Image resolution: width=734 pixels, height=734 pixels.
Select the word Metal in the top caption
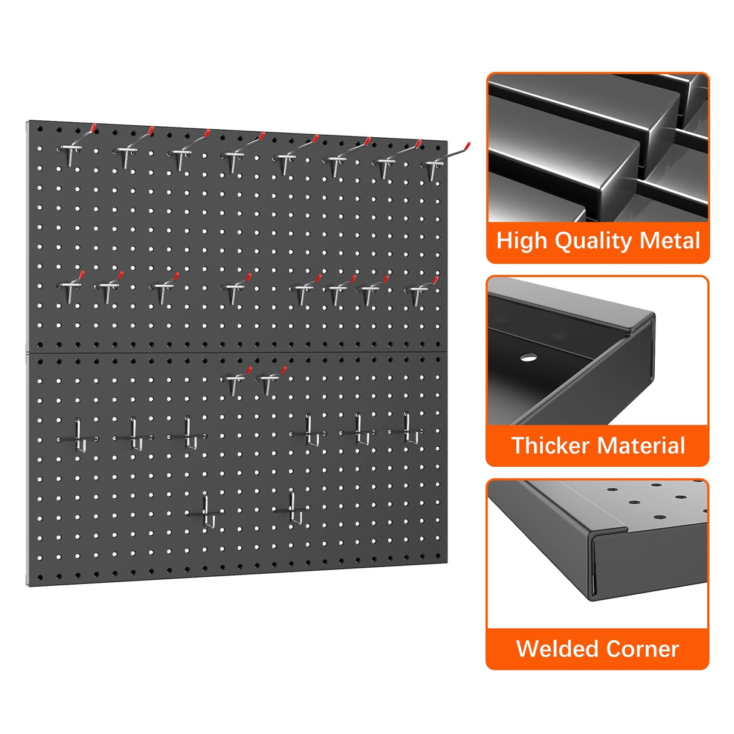click(670, 241)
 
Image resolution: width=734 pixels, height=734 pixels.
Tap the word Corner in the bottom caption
click(642, 649)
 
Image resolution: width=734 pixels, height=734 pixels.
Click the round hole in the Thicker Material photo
click(528, 357)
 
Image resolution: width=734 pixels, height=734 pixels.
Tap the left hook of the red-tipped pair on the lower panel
click(235, 380)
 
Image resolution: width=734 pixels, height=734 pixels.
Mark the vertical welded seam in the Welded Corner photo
click(593, 565)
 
